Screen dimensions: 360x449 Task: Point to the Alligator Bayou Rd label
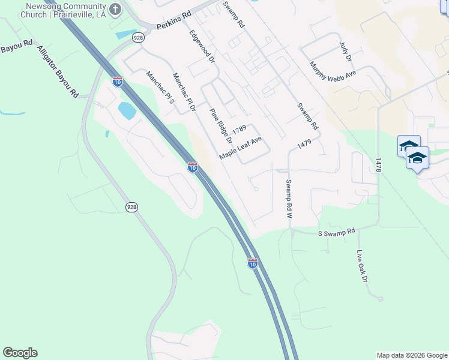[x=58, y=71]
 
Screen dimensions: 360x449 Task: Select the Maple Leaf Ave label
[x=241, y=148]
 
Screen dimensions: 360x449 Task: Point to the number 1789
[x=240, y=129]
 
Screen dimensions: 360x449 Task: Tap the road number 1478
[x=378, y=166]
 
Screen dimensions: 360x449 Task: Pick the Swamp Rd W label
[x=289, y=198]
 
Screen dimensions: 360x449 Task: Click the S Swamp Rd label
[x=336, y=230]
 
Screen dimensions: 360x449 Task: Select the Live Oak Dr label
[x=361, y=266]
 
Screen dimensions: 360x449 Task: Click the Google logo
[x=20, y=353]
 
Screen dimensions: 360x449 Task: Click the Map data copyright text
[x=411, y=355]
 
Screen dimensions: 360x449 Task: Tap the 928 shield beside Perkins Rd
[x=139, y=37]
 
